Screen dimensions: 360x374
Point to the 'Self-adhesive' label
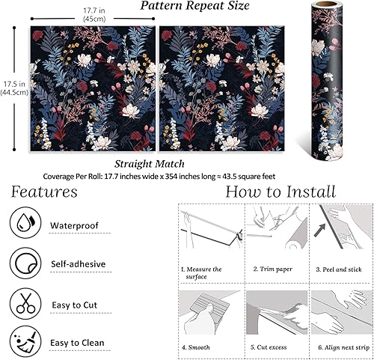78,263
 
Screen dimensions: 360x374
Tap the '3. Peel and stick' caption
340,268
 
